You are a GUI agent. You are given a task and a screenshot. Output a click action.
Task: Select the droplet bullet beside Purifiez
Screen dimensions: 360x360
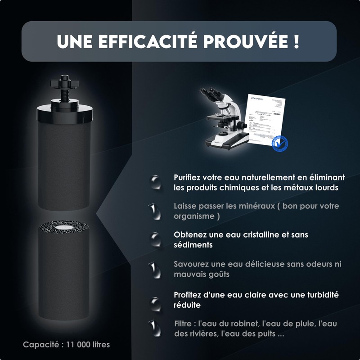[x=155, y=182]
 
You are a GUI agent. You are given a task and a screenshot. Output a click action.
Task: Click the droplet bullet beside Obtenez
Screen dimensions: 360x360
[x=155, y=240]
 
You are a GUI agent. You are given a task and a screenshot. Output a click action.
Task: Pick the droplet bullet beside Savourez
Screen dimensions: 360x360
[x=154, y=269]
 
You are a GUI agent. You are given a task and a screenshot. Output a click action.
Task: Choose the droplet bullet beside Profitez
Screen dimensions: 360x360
[x=155, y=301]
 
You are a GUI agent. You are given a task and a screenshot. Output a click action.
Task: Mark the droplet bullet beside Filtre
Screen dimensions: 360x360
[x=154, y=328]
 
